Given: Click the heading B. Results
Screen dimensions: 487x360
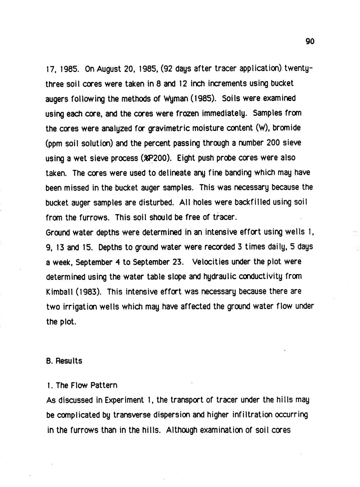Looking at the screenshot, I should pyautogui.click(x=64, y=361).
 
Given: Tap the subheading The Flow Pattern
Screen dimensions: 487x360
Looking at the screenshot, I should pyautogui.click(x=86, y=385).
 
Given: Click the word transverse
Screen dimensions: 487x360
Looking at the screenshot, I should pyautogui.click(x=131, y=415).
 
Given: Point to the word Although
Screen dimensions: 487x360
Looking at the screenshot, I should pyautogui.click(x=181, y=430).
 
